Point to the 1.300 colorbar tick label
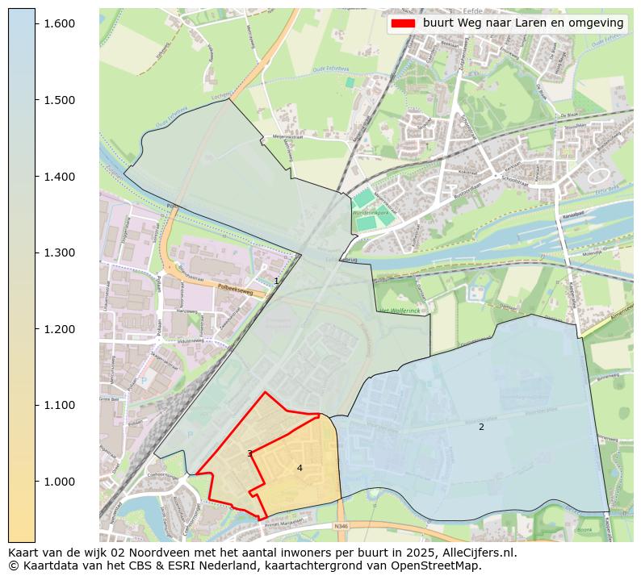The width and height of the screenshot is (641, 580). (59, 252)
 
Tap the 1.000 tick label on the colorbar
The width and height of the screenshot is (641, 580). (59, 482)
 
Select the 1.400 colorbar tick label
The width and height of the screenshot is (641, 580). (59, 177)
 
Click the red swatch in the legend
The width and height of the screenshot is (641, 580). (402, 23)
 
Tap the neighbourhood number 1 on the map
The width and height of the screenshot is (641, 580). (276, 281)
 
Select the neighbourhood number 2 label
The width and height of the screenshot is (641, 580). (481, 427)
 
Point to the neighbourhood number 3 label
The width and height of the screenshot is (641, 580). (249, 453)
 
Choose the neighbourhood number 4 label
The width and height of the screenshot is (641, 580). (300, 468)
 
